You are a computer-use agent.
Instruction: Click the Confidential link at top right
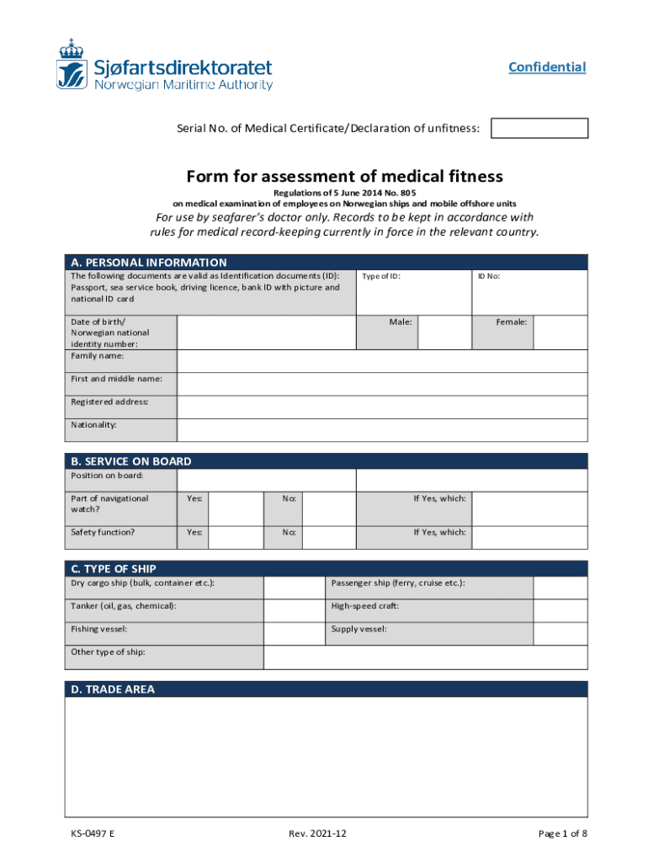click(547, 67)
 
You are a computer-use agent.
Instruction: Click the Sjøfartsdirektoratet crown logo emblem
click(72, 64)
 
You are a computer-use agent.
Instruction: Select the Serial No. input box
click(539, 128)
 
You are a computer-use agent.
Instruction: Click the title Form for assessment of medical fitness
click(344, 176)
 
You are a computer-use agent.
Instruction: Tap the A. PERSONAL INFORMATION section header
click(149, 262)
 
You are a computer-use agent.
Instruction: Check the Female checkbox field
click(561, 332)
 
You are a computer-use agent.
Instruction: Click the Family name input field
click(382, 360)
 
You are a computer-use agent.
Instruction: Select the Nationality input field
click(382, 429)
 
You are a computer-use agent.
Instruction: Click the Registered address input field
click(382, 407)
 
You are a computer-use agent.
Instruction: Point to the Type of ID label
click(380, 276)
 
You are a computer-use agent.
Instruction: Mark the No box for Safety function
click(329, 537)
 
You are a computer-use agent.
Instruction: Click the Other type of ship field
click(426, 657)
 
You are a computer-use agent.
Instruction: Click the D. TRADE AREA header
click(113, 689)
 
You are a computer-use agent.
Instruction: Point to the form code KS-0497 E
click(93, 833)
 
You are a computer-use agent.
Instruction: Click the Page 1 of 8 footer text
click(562, 833)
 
